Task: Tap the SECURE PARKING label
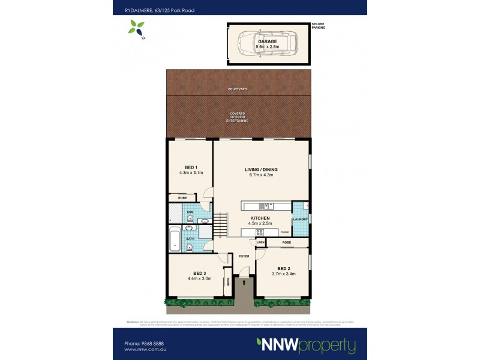click(x=318, y=26)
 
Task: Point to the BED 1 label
click(x=191, y=167)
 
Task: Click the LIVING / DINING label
click(x=260, y=169)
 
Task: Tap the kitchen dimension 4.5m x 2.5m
click(x=260, y=223)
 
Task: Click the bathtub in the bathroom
click(x=175, y=239)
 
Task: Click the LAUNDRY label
click(x=301, y=220)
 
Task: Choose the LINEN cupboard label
click(x=260, y=242)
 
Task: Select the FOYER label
click(x=244, y=256)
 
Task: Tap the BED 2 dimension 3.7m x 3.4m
click(x=283, y=274)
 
